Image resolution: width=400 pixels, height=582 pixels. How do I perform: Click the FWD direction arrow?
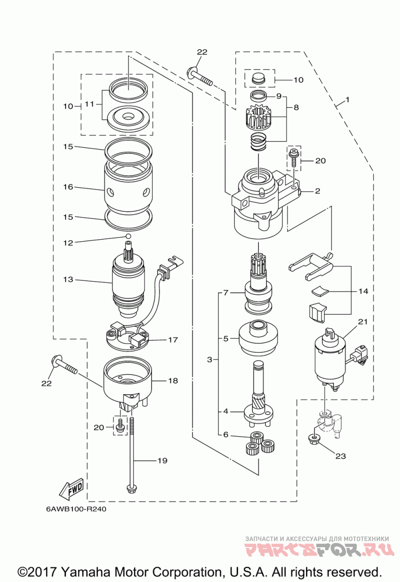tap(71, 489)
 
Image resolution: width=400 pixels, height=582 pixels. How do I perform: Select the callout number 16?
tap(68, 187)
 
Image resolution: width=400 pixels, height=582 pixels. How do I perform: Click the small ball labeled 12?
tap(128, 236)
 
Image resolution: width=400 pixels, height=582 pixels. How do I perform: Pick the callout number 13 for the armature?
tap(68, 280)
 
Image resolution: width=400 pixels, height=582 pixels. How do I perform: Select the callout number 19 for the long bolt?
tap(162, 460)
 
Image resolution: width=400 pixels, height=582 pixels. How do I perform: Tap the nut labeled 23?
tap(314, 439)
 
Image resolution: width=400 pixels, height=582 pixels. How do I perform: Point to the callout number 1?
tap(347, 99)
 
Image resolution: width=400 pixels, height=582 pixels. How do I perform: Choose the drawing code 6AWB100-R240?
tap(76, 510)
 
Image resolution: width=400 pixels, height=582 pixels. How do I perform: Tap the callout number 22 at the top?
tap(201, 52)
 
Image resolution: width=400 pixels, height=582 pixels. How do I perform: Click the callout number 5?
tap(226, 339)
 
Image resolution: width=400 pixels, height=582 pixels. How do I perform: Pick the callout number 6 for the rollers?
tap(226, 435)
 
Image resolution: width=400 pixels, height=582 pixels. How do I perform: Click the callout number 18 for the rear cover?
tap(172, 381)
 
